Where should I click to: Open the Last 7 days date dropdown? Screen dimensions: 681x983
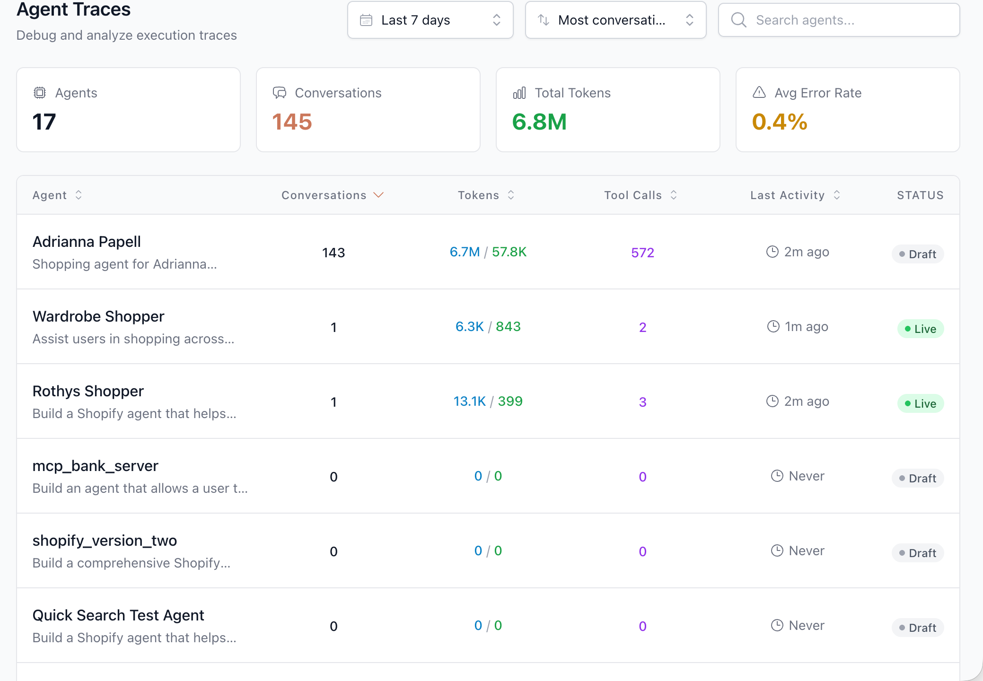(430, 20)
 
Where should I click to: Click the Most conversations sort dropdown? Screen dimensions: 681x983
(615, 20)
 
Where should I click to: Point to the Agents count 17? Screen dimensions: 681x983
(44, 122)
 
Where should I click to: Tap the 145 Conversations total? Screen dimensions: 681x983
(292, 122)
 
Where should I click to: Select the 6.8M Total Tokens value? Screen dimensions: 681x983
(539, 122)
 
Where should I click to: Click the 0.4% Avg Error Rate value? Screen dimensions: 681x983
(780, 122)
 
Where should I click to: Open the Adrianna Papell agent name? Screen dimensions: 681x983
(87, 242)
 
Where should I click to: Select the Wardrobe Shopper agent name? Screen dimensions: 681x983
(98, 316)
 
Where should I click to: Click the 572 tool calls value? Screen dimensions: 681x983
(642, 253)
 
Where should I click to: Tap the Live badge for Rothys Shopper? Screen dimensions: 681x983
(920, 403)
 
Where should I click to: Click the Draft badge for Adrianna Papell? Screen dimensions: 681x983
(918, 254)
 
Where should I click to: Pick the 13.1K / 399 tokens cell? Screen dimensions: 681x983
(488, 402)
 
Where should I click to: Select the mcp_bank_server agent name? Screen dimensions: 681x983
(95, 466)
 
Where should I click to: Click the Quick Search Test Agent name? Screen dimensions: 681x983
(118, 615)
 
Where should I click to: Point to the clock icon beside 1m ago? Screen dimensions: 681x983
(773, 326)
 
